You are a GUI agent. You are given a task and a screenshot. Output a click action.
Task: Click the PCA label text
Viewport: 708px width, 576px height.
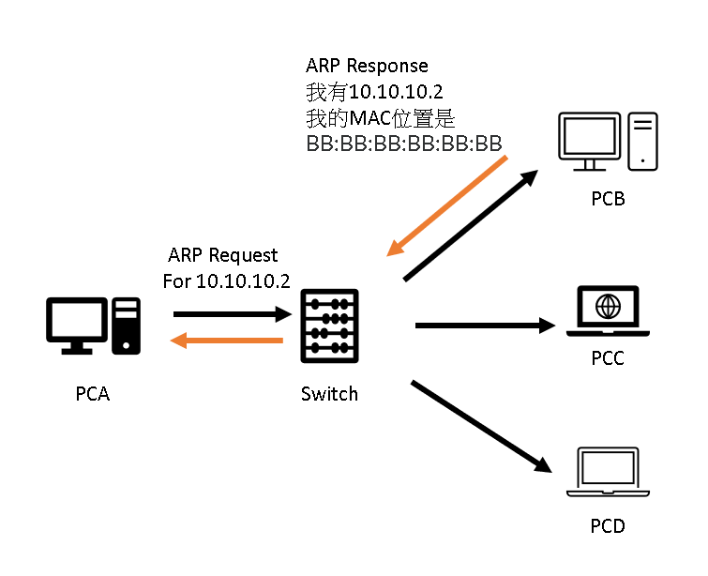tap(93, 394)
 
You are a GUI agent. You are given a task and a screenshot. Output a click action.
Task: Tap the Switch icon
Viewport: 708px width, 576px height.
tap(329, 326)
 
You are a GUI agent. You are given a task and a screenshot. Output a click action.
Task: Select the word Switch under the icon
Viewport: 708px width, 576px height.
tap(329, 394)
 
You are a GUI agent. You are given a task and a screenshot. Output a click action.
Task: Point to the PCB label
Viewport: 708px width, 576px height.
tap(608, 199)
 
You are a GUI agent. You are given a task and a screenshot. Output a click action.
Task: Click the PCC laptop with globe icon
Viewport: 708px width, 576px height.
tap(608, 311)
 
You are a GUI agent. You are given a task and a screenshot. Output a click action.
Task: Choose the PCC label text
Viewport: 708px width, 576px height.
tap(608, 358)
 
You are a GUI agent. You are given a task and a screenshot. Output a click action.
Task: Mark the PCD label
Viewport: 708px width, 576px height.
tap(608, 525)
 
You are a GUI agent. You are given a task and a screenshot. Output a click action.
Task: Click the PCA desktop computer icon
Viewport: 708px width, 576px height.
tap(93, 326)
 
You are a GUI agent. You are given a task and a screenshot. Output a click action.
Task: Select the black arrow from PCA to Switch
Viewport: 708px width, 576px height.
tap(229, 316)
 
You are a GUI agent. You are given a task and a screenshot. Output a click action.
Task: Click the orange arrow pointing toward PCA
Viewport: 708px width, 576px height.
tap(227, 341)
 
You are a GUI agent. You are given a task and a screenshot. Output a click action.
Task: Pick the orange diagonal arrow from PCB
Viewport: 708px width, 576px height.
tap(447, 206)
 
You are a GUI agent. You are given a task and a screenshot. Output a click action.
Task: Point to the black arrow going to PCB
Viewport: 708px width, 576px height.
tap(471, 225)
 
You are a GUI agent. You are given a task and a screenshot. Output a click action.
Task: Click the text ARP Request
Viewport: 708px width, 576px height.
tap(223, 255)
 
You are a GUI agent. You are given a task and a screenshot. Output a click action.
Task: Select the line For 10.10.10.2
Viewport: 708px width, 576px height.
tap(226, 280)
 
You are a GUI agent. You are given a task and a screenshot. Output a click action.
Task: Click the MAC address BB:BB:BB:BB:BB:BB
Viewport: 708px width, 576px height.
tap(404, 144)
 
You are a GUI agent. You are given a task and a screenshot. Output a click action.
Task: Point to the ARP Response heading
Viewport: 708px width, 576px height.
tap(367, 66)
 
